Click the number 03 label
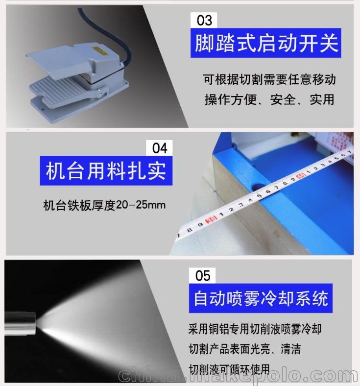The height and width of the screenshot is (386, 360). point(204,20)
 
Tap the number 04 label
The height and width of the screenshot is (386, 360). point(160,148)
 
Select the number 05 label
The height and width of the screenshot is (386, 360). point(202,276)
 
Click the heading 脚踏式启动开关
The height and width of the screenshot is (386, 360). point(266,43)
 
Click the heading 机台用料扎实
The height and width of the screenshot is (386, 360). point(106,170)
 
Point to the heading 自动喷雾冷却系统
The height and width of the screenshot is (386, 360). point(261,298)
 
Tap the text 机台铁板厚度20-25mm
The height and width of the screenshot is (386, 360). point(104,205)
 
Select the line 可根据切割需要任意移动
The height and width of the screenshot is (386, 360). point(269,79)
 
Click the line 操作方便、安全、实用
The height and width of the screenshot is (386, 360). point(269,99)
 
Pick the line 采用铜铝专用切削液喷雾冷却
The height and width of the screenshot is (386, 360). point(255,329)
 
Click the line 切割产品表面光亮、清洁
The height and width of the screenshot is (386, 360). point(244,349)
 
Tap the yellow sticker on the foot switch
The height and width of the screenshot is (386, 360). point(100,51)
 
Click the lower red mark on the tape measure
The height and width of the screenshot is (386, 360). point(212,220)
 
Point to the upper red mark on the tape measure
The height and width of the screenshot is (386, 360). point(301,176)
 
